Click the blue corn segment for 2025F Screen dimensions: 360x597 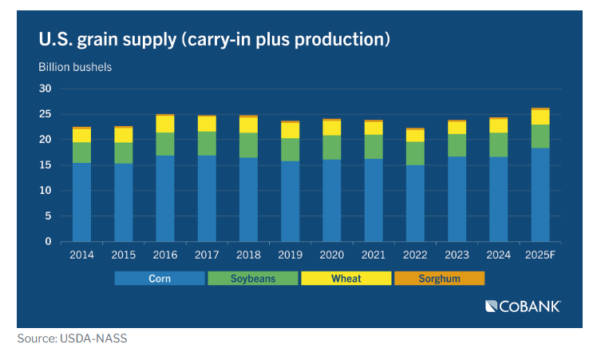pos(540,195)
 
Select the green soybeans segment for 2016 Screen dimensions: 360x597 pos(165,144)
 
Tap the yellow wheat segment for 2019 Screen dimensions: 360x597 pos(291,130)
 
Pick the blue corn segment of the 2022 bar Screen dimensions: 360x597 pos(415,204)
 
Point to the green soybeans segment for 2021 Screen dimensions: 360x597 pos(374,146)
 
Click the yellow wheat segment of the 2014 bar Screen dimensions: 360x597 pos(82,135)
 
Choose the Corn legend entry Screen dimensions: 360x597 pos(160,279)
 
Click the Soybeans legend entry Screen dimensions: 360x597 pos(252,279)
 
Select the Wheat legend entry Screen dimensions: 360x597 pos(346,279)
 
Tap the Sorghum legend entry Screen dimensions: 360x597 pos(438,279)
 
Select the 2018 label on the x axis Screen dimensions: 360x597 pos(248,255)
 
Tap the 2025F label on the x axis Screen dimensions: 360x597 pos(540,255)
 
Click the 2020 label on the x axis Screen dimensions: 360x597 pos(332,255)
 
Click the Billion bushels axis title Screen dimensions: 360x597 pos(75,66)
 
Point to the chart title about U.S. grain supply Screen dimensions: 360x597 pos(214,38)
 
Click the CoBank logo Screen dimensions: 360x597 pos(523,306)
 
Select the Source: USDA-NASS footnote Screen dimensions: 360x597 pos(72,338)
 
